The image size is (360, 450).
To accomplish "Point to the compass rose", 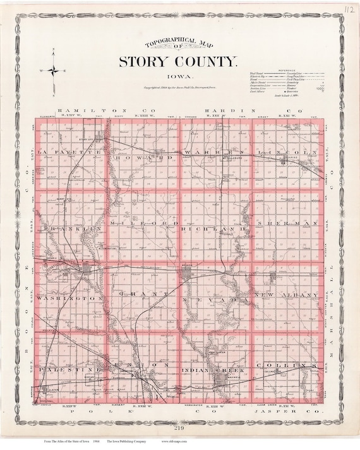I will (x=54, y=71).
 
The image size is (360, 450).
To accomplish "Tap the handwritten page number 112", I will (x=339, y=9).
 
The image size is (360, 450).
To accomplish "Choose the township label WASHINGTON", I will (x=69, y=296).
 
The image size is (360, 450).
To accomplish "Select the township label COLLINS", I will (x=294, y=367).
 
